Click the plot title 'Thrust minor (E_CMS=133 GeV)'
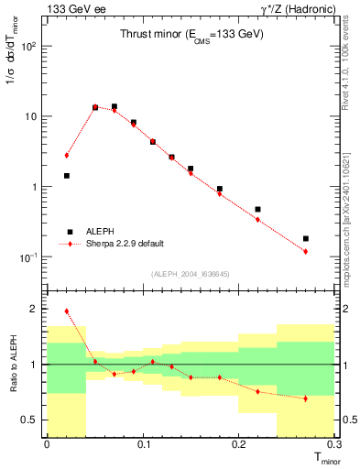coord(191,34)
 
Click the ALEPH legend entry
coord(101,232)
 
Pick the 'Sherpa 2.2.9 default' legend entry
coord(125,244)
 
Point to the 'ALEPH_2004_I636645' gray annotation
coord(191,273)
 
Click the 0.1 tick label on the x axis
coord(143,444)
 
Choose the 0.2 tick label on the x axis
coord(239,444)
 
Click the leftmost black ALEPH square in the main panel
coord(66,175)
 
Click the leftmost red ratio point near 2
coord(66,311)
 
